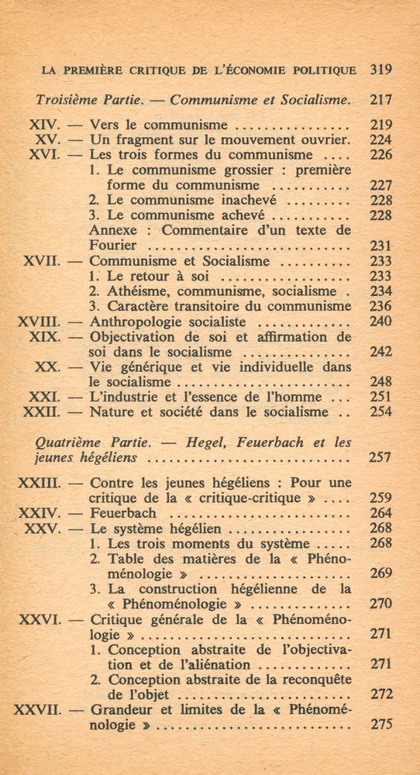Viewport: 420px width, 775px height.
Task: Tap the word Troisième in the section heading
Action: [x=66, y=99]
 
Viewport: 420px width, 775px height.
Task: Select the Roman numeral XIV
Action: [x=45, y=124]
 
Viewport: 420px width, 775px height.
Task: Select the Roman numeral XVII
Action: [x=39, y=261]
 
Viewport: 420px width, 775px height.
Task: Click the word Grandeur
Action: [x=124, y=711]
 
